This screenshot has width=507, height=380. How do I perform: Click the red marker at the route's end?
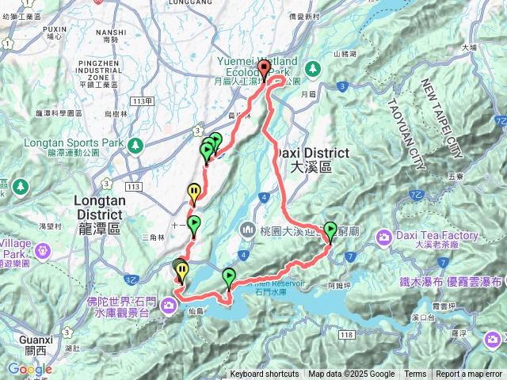pyautogui.click(x=263, y=68)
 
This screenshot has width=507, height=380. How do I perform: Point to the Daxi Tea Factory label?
pyautogui.click(x=438, y=236)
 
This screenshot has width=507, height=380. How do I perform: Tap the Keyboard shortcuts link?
pyautogui.click(x=265, y=374)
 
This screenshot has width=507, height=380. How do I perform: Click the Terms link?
pyautogui.click(x=415, y=374)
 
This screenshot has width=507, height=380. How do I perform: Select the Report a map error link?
pyautogui.click(x=470, y=374)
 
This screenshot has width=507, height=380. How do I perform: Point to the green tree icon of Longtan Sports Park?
pyautogui.click(x=135, y=145)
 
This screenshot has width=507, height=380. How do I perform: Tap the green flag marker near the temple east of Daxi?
pyautogui.click(x=330, y=230)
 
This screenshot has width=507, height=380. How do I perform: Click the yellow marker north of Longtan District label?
pyautogui.click(x=194, y=191)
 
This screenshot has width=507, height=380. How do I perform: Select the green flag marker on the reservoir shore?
pyautogui.click(x=229, y=277)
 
